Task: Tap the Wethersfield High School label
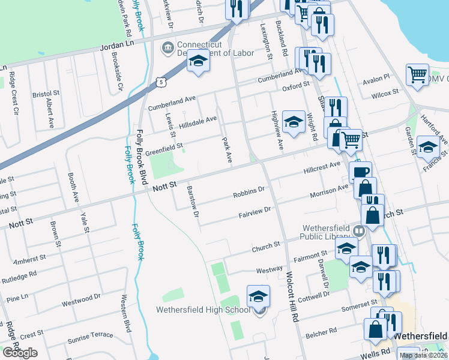click(202, 310)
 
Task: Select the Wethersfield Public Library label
click(331, 233)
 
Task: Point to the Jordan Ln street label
click(118, 45)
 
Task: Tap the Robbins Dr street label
click(249, 193)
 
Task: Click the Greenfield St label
click(163, 145)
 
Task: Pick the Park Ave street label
click(227, 151)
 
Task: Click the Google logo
click(20, 353)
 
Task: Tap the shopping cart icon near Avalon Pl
click(417, 75)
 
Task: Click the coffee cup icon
click(361, 173)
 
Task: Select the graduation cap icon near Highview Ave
click(294, 122)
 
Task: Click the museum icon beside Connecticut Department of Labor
click(167, 47)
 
